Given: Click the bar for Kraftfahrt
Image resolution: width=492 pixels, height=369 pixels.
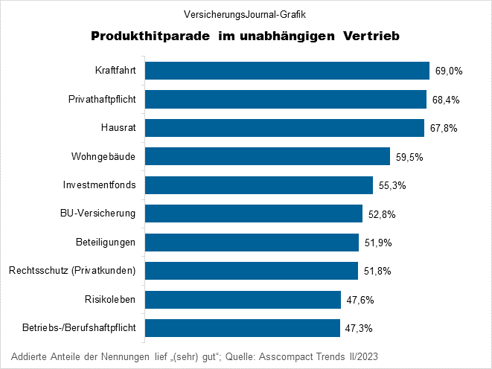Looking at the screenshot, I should coord(287,71).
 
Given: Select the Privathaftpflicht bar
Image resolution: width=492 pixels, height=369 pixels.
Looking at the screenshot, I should coord(285,99).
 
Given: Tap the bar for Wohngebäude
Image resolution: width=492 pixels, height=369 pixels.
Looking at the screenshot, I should coord(267,156).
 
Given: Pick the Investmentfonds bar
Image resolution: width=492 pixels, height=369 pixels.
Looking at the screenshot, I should coord(258,185).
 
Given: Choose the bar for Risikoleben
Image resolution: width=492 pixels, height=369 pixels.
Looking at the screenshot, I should coord(243,300).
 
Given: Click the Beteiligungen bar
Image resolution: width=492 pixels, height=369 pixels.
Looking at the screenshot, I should coord(252,243).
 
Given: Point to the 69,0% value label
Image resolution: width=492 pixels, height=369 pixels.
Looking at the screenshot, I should coord(449,71).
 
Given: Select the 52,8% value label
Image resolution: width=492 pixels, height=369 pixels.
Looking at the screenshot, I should coord(382,214).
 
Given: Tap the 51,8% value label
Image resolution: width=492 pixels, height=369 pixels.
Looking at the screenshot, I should coord(377,272).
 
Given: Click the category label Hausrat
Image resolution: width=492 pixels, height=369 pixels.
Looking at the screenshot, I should coord(118,128).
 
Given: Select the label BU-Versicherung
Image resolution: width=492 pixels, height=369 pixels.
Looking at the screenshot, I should coord(98,214).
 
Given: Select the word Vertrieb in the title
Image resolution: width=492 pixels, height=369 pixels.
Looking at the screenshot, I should coord(372,36).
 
